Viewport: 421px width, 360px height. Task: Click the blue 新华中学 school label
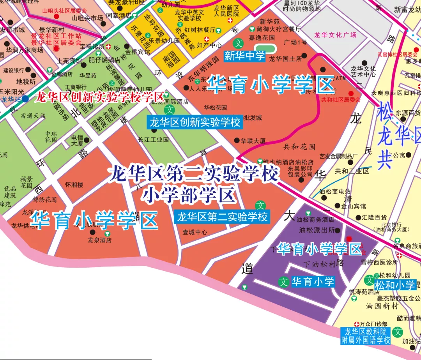[244, 56]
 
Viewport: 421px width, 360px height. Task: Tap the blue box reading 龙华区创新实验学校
[195, 123]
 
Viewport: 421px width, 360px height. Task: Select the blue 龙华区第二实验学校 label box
[222, 216]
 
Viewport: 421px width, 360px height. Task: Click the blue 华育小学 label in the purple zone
[313, 281]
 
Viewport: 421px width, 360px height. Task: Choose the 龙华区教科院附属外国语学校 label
[365, 336]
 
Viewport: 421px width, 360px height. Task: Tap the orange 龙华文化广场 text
[336, 35]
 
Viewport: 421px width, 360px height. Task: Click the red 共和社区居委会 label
[341, 100]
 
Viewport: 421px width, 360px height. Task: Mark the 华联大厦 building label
[253, 141]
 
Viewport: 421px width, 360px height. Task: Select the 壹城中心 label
[195, 233]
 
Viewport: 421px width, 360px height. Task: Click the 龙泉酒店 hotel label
[99, 240]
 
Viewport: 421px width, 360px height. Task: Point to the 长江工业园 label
[153, 139]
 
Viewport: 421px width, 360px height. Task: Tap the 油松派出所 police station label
[317, 230]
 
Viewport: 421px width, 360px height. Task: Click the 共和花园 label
[299, 147]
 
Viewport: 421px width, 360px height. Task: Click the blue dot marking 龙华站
[25, 99]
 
